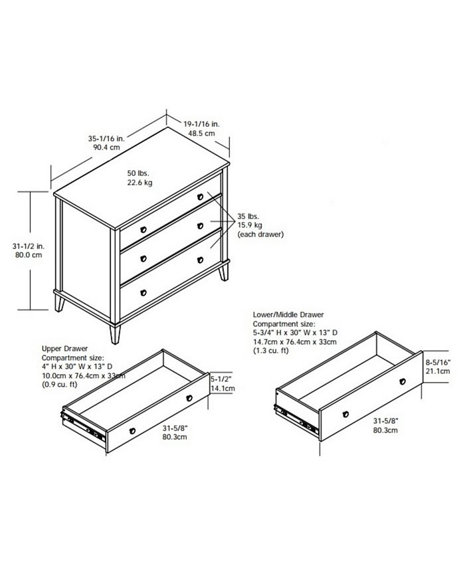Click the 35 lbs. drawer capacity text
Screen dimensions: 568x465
point(248,217)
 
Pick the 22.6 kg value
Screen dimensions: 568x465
point(139,182)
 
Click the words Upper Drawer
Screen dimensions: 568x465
point(64,347)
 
